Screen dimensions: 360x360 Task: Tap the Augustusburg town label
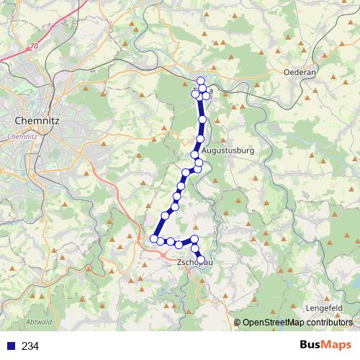pos(228,151)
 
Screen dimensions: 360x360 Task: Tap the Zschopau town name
pos(195,263)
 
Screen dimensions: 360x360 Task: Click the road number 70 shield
pos(33,47)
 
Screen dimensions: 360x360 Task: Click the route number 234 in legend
pos(30,346)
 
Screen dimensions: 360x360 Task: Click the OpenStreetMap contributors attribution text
pos(297,323)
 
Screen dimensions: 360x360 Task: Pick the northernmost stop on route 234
pos(201,81)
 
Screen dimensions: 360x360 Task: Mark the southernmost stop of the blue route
pos(201,260)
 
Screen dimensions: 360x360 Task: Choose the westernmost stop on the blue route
pos(153,238)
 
